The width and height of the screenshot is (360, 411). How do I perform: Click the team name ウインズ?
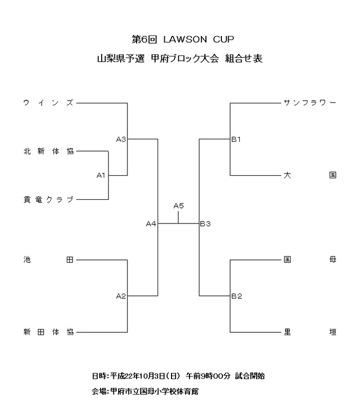pos(49,103)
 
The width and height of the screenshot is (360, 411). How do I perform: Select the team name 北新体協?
pos(49,152)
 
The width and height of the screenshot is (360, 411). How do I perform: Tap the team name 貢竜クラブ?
pos(49,199)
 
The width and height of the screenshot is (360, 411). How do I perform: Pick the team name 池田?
pos(49,260)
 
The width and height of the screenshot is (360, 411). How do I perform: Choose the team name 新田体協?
pos(49,332)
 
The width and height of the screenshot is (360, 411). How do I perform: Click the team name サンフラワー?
pos(310,103)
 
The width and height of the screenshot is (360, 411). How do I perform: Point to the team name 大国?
pos(310,175)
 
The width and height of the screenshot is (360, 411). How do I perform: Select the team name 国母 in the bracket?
pos(310,260)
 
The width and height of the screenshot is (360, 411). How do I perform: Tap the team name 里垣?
pos(310,332)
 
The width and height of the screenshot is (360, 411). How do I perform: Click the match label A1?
pos(101,176)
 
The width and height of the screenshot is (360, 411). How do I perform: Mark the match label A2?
pos(121,295)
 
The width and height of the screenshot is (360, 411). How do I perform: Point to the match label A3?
pos(121,139)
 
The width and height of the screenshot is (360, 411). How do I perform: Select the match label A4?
pos(151,223)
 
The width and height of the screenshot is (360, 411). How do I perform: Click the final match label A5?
pos(178,206)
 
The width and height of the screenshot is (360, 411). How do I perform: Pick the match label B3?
pos(205,223)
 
